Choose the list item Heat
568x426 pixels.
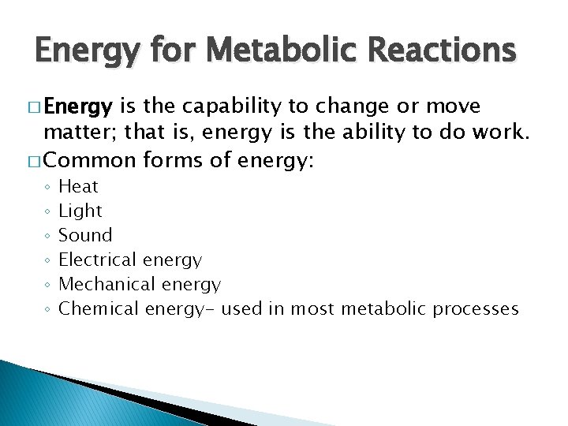pos(79,186)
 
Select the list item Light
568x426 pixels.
pos(80,211)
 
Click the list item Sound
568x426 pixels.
pos(86,235)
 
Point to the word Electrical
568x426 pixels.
pos(98,260)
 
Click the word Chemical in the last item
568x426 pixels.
pos(99,308)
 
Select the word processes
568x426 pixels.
pos(476,308)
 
